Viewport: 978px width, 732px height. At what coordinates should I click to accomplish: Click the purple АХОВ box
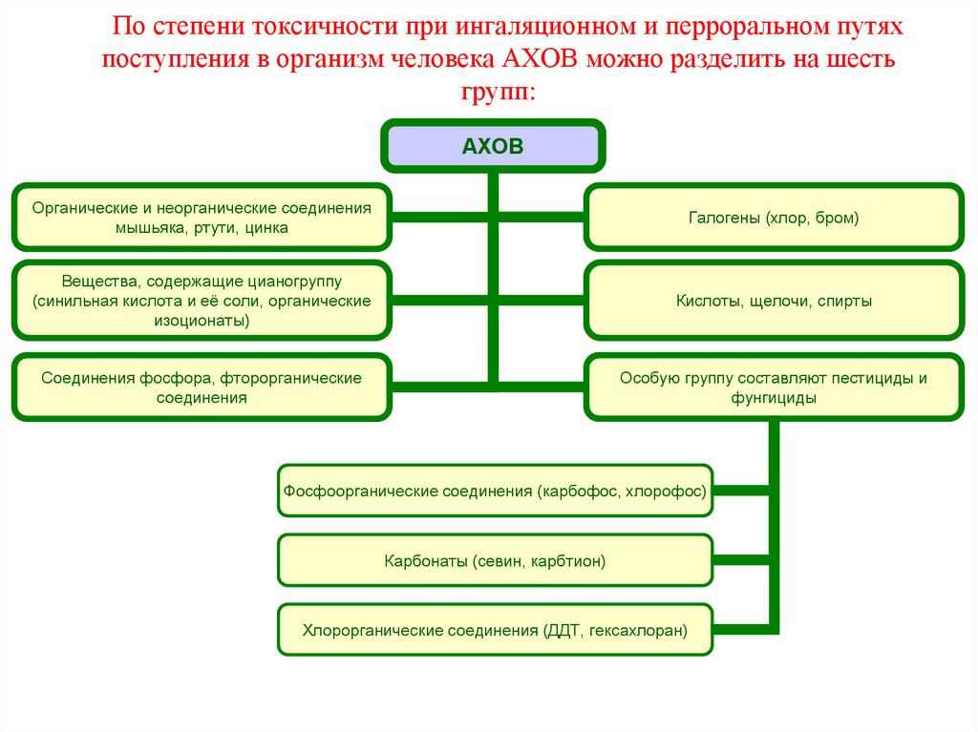(493, 146)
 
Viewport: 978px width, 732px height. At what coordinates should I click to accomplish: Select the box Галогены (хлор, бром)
(774, 219)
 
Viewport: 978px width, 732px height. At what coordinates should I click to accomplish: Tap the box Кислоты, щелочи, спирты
(774, 301)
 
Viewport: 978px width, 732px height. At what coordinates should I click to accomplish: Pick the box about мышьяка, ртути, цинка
(202, 218)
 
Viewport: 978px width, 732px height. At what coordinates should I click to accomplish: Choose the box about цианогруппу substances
(202, 301)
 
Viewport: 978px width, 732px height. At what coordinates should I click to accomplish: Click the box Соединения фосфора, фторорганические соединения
(202, 387)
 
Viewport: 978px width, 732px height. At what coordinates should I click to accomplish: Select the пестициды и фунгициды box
(774, 387)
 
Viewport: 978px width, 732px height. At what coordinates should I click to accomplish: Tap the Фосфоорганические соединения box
(495, 492)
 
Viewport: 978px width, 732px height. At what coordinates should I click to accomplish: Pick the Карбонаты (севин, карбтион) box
(495, 561)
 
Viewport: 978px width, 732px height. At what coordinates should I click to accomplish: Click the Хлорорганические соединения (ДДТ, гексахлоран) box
(495, 630)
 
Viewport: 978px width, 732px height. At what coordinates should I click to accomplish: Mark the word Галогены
(723, 219)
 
